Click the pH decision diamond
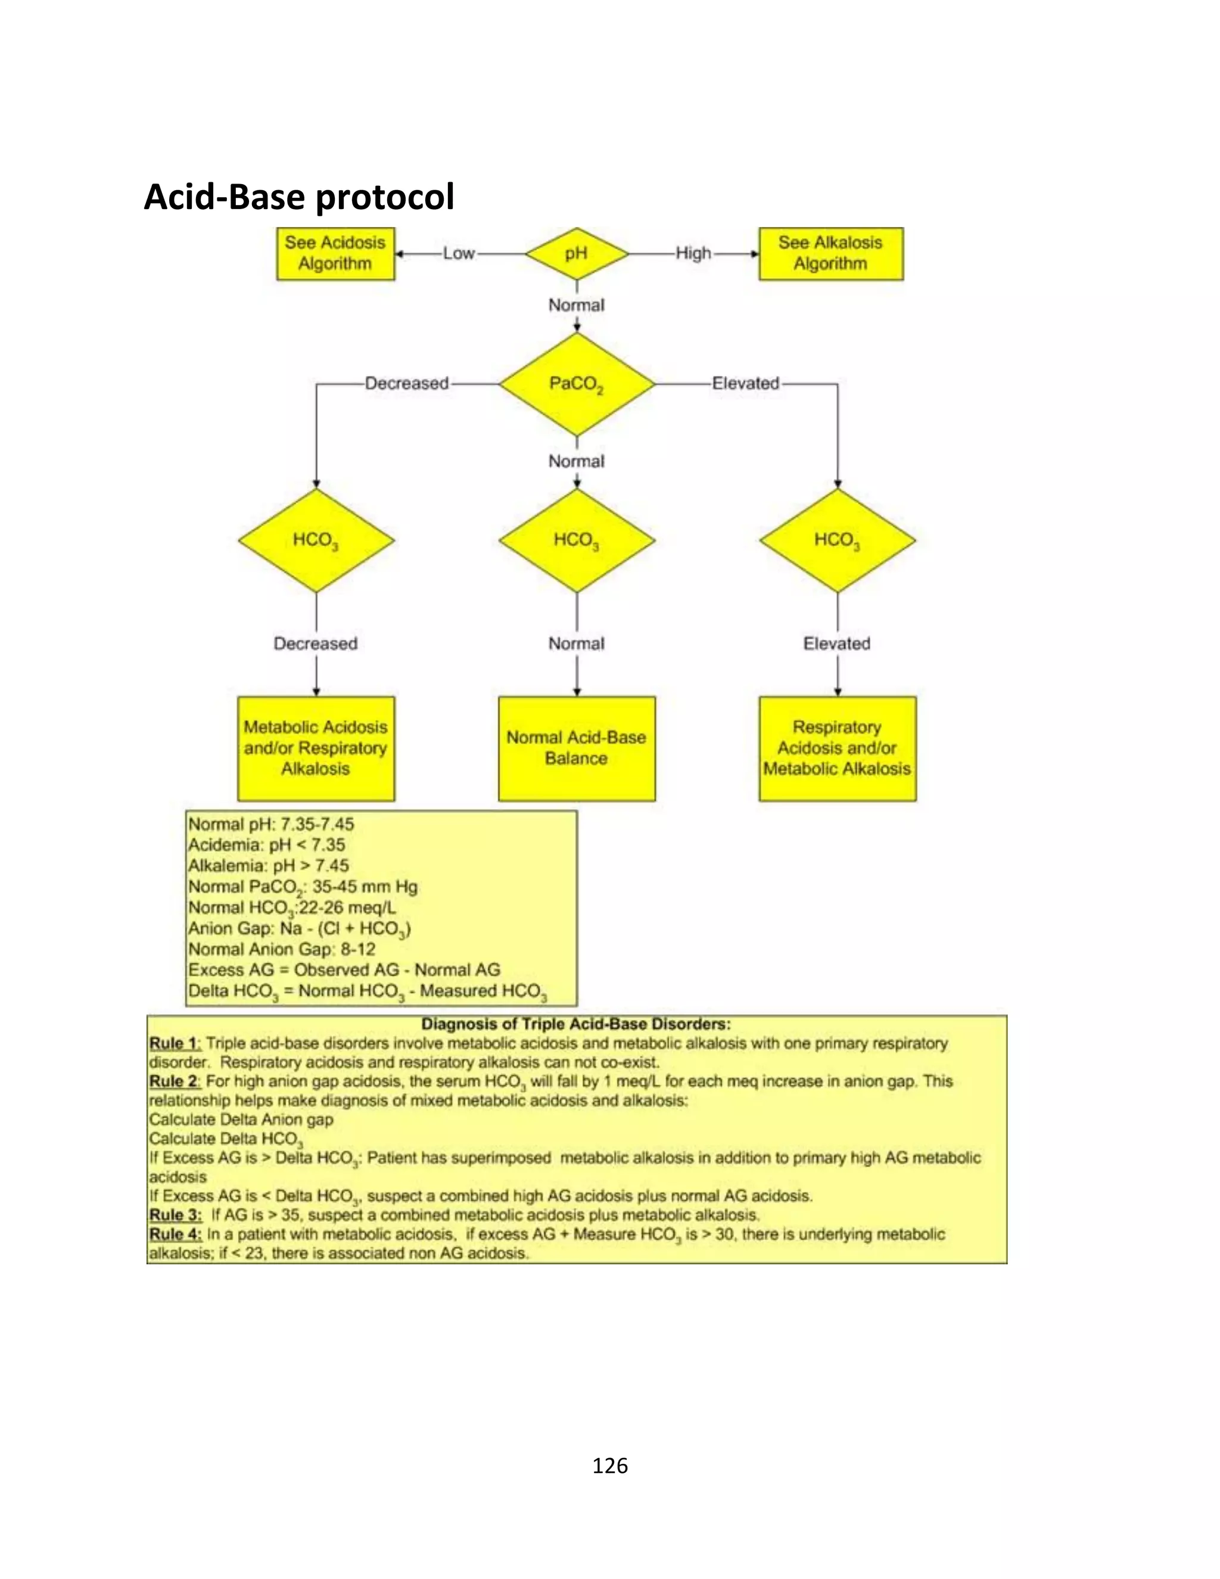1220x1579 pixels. (576, 254)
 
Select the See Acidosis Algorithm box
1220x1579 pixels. (335, 254)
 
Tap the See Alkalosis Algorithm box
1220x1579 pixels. (830, 254)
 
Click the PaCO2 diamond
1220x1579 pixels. (576, 384)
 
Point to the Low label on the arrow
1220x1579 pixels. (459, 254)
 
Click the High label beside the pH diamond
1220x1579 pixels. (693, 254)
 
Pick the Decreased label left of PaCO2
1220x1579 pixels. (406, 383)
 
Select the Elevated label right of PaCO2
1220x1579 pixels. (745, 383)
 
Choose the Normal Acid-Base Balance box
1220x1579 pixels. (576, 748)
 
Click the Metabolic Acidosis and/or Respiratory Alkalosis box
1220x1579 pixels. (316, 748)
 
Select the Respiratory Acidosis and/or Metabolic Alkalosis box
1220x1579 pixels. (837, 748)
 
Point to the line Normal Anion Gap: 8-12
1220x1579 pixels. (282, 949)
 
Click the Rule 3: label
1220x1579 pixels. (176, 1214)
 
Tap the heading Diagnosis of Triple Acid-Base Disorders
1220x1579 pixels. (576, 1024)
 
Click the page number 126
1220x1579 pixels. (609, 1466)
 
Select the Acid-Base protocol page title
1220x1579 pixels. (298, 197)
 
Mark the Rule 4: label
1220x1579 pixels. (176, 1234)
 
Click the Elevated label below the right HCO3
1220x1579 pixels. (837, 644)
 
